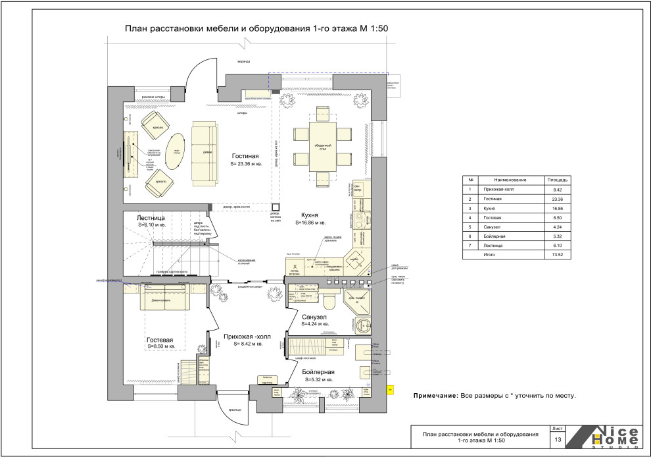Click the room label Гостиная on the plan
(x=245, y=155)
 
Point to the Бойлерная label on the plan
(x=318, y=371)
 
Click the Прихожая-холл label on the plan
(x=243, y=335)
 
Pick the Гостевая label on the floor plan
(x=160, y=339)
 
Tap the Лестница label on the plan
(x=155, y=217)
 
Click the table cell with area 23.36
(x=553, y=198)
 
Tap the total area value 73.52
(x=553, y=254)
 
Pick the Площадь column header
(x=553, y=180)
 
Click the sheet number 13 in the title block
(x=558, y=439)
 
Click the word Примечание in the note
(x=435, y=396)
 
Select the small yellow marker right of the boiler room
(x=390, y=389)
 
